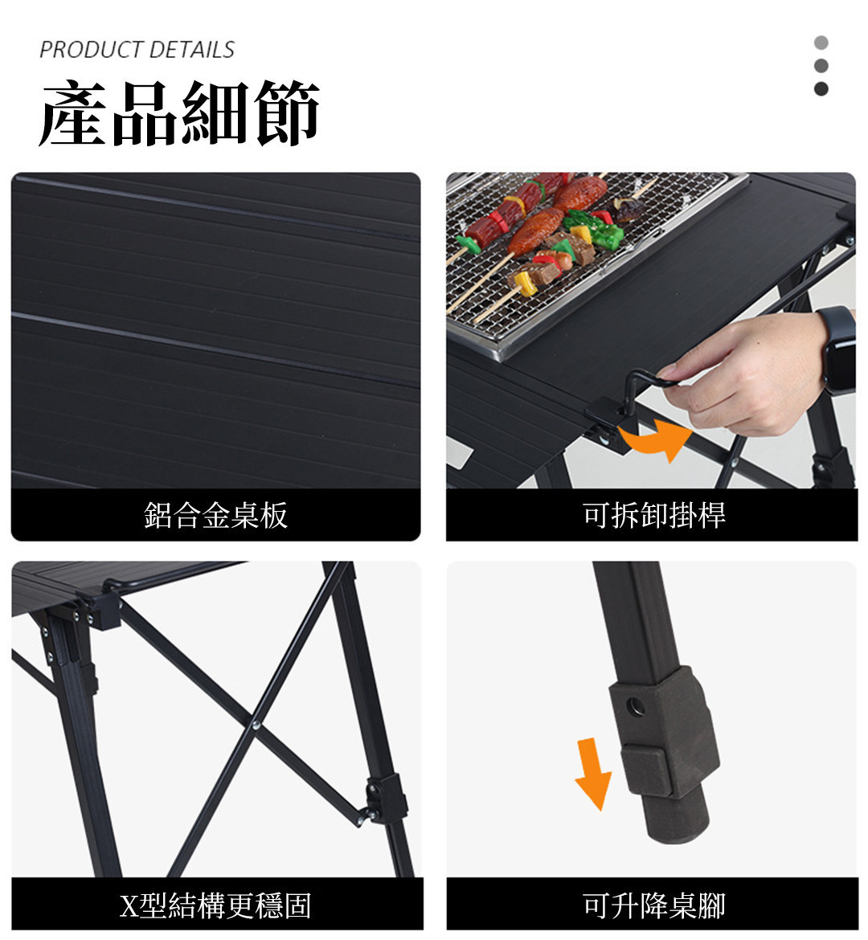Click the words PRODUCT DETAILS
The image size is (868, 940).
[137, 50]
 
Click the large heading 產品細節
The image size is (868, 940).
[178, 112]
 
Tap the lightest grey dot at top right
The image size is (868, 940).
[821, 43]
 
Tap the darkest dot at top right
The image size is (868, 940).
[821, 88]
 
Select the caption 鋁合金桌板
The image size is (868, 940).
[216, 515]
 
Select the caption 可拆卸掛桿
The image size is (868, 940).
[654, 515]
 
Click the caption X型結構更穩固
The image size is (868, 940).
[216, 905]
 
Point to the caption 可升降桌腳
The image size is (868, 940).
[654, 905]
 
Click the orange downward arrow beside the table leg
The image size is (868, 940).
[592, 774]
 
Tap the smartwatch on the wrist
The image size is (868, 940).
[837, 348]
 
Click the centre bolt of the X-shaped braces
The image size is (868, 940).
[256, 725]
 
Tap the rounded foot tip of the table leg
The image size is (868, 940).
[678, 821]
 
